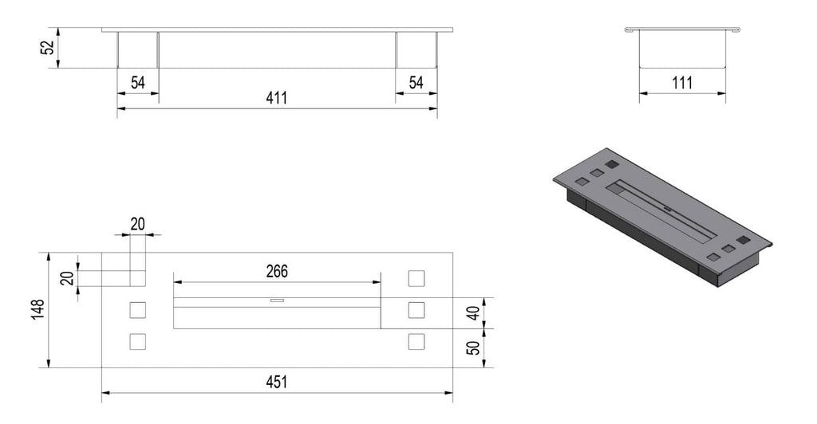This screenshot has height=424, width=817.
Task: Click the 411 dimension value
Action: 276,98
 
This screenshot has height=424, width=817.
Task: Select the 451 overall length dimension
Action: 276,383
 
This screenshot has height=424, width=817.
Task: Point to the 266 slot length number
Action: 277,272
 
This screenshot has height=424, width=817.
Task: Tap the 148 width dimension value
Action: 38,309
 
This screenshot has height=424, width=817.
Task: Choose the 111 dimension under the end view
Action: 682,83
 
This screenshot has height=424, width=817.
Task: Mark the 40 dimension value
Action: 473,313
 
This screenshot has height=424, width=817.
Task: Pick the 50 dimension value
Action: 473,347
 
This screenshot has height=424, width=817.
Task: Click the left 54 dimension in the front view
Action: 137,83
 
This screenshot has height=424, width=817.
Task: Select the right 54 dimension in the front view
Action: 416,83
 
